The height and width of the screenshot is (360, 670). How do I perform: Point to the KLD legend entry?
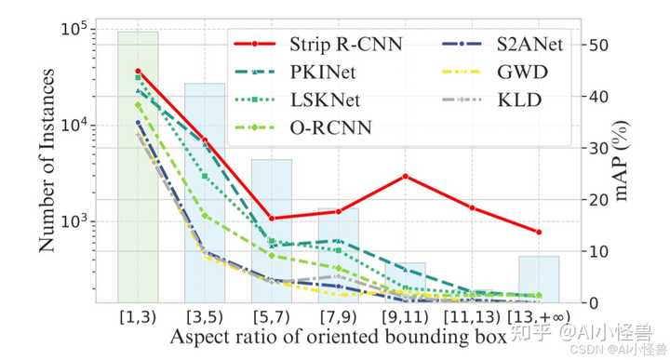tap(494, 100)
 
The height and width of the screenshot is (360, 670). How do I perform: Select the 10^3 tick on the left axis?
tap(74, 221)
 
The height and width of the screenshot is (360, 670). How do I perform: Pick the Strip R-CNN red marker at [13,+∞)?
tap(539, 232)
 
